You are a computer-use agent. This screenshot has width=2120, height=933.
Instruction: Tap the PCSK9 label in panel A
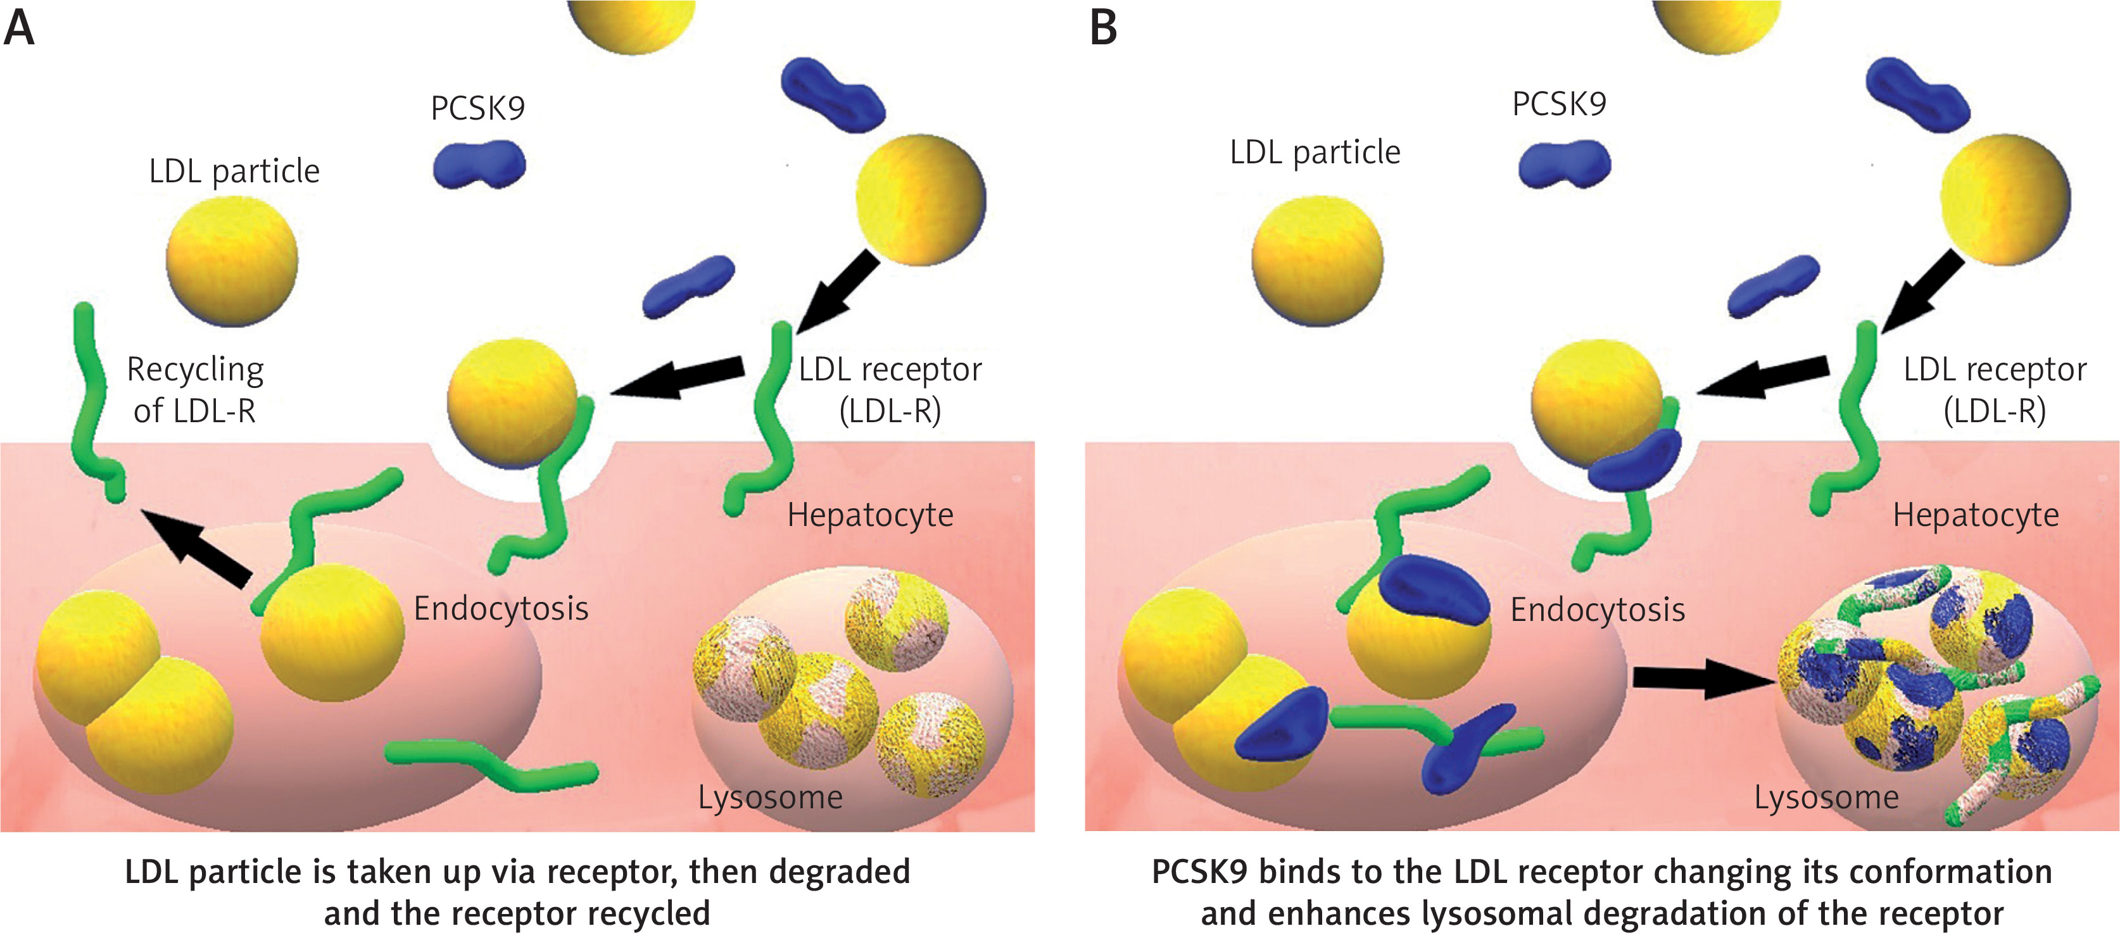click(477, 108)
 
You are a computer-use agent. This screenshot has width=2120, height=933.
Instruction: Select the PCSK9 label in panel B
click(1559, 104)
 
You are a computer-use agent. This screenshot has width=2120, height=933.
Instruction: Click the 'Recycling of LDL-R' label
click(195, 389)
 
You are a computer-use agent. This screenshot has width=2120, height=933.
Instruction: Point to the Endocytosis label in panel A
click(500, 609)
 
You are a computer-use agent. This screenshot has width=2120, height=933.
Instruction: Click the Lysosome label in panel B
click(1826, 798)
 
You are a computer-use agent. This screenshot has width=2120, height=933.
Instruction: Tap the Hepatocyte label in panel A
click(870, 515)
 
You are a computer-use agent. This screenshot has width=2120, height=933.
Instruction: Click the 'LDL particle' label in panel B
click(1315, 152)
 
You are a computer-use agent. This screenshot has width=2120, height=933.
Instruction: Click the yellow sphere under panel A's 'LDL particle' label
click(232, 261)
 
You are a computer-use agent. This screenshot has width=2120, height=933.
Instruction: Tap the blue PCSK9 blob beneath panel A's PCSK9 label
click(479, 164)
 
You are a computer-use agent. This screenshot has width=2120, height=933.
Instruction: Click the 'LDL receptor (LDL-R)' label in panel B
click(1994, 389)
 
